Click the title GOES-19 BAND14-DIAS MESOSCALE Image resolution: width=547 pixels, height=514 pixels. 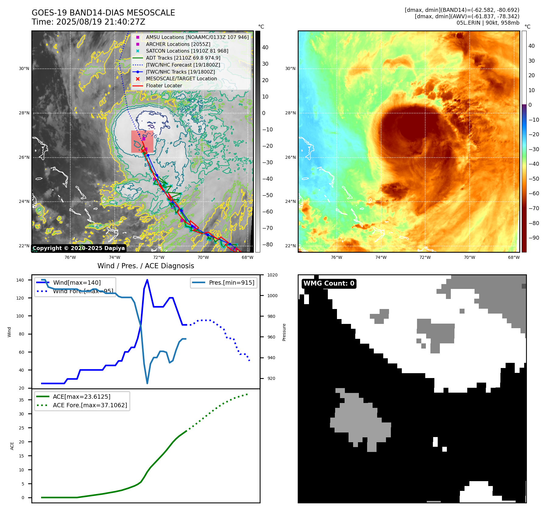coord(103,13)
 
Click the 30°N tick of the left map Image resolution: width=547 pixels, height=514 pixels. coord(24,69)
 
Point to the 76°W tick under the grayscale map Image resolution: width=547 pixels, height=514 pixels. coord(70,258)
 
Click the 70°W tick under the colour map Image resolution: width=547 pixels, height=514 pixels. coord(469,258)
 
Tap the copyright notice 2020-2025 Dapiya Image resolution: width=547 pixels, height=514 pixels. coord(79,248)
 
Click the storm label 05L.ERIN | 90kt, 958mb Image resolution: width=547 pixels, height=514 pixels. coord(488,23)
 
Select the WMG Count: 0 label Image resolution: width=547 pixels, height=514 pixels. coord(329,283)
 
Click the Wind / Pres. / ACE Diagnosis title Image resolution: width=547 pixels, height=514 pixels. coord(146,266)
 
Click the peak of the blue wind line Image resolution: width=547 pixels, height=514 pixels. coord(147,280)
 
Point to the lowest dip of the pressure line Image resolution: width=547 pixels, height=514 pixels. coord(147,383)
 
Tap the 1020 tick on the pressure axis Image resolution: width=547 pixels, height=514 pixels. coord(272,275)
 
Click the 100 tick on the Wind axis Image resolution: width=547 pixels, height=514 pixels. coord(20,316)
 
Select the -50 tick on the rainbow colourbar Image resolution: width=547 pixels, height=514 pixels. coord(534,179)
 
